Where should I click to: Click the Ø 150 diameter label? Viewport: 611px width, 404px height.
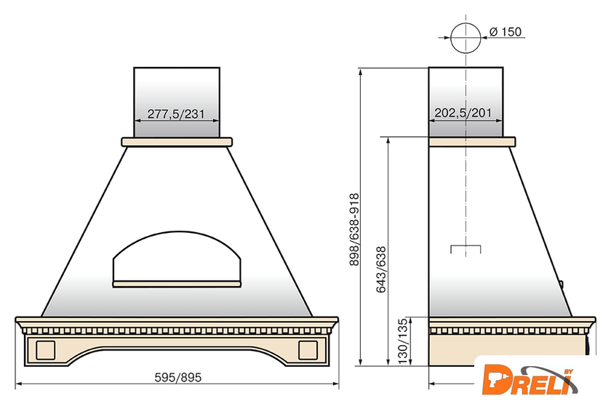506,31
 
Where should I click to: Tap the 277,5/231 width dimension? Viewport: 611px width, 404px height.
176,114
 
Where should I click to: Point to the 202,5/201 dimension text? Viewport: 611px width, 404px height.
463,113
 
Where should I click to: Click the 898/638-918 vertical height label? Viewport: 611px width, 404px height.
354,230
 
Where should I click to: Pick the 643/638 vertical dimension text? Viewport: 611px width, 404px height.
380,269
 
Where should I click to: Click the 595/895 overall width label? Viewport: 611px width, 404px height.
178,378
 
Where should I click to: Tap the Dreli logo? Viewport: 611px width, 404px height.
530,380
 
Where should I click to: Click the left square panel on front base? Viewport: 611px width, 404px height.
46,350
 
